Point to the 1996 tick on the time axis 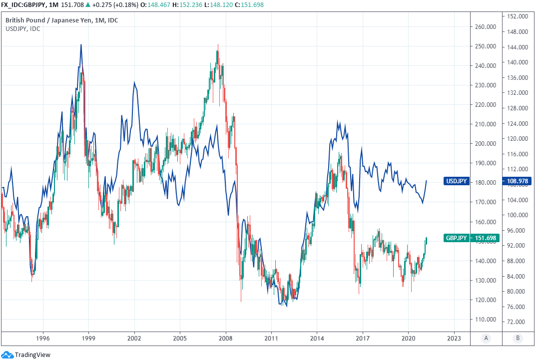click(x=43, y=339)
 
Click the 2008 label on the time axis click(x=226, y=339)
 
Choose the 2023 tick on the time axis click(x=454, y=339)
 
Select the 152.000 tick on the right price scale click(x=518, y=16)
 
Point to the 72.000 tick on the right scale click(x=518, y=322)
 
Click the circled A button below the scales click(x=485, y=339)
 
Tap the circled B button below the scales click(x=518, y=339)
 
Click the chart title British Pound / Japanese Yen click(x=50, y=20)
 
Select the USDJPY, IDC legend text click(x=23, y=29)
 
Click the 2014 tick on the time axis click(x=317, y=339)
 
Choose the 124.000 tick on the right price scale click(x=518, y=123)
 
